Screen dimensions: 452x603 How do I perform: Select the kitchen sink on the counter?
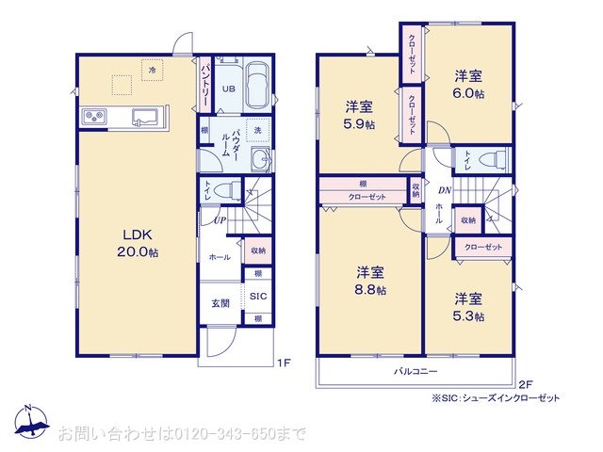click(x=144, y=117)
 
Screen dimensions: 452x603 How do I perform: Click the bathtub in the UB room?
click(x=259, y=86)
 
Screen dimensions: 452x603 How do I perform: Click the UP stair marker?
click(x=220, y=220)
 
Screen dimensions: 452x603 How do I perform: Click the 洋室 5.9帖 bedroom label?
click(x=358, y=113)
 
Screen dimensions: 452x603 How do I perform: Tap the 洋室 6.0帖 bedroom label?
click(x=469, y=85)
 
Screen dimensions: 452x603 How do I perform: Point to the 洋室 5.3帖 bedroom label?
click(x=467, y=307)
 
